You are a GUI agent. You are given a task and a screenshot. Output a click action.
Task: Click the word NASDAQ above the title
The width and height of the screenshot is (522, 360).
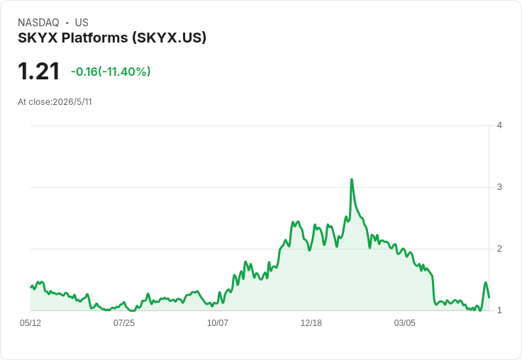[38, 23]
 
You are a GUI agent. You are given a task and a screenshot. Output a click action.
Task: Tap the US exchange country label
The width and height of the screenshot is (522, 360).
[82, 23]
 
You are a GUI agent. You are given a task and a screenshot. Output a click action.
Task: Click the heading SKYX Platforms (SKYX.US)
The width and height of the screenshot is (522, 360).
[112, 38]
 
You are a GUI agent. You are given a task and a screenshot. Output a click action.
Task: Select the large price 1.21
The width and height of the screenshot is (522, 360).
[38, 72]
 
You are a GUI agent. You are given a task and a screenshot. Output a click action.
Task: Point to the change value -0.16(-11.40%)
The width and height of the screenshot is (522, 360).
[111, 72]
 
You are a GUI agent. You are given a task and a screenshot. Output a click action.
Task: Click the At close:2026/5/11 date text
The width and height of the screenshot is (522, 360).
[55, 102]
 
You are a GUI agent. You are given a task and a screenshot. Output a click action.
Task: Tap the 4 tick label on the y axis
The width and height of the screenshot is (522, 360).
[499, 125]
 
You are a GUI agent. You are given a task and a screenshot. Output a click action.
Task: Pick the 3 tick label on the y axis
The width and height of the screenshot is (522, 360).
[499, 187]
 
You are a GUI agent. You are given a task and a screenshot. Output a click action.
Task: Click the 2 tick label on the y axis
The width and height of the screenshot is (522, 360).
[499, 249]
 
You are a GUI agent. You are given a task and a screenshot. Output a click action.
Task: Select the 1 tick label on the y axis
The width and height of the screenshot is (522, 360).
[499, 310]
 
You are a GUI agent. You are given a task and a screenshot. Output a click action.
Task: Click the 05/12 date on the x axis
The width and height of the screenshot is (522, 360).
[30, 323]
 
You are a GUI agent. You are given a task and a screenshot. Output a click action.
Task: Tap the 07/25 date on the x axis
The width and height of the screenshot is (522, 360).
[124, 323]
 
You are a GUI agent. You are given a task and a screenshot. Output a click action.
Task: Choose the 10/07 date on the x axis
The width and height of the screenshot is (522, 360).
[218, 323]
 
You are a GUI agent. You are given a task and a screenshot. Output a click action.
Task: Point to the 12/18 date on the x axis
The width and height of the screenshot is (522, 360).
[311, 323]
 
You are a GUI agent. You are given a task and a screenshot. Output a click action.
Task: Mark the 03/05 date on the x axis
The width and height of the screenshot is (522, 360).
[405, 323]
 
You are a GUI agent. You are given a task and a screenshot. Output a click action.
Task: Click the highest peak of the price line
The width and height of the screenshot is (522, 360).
[352, 179]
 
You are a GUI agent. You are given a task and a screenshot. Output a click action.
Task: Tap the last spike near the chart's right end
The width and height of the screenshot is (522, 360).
[485, 283]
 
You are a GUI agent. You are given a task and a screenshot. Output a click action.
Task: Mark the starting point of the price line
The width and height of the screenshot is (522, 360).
[31, 287]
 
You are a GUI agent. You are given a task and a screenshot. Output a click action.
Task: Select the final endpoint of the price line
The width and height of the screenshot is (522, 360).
[489, 297]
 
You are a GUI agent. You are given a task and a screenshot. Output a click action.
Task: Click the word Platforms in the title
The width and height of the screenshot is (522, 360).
[95, 38]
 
